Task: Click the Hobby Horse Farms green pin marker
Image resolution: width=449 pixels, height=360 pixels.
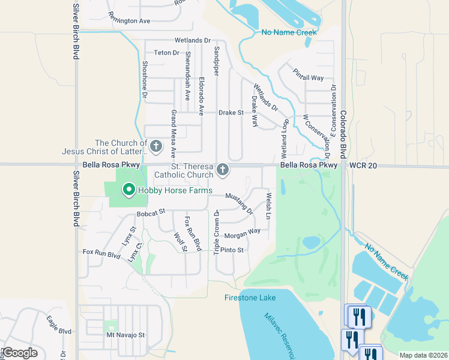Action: (128, 190)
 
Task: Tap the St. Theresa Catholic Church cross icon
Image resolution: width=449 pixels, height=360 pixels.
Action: (223, 170)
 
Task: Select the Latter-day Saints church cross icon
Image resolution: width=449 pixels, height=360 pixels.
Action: (156, 146)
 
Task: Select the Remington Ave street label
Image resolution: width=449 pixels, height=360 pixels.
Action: (129, 20)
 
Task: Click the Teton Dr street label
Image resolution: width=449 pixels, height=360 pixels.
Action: (167, 53)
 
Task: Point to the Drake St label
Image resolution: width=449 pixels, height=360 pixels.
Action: (231, 112)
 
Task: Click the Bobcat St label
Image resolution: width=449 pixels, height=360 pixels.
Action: (151, 213)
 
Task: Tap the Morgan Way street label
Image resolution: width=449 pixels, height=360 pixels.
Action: (242, 231)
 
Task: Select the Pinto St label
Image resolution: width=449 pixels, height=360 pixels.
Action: (232, 250)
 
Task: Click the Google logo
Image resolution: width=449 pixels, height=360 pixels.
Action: (20, 353)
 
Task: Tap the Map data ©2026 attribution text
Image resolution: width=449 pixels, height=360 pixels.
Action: (423, 355)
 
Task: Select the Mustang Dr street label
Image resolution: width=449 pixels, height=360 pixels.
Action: (239, 202)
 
